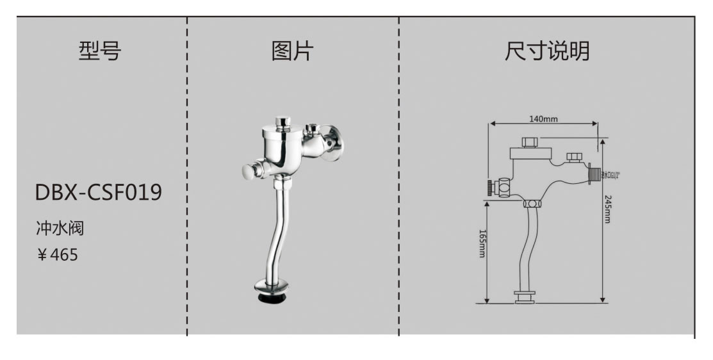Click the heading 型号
pos(100,51)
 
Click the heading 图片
pos(292,51)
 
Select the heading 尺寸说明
pos(546,51)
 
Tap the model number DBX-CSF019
pos(98,192)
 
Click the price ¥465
pos(57,255)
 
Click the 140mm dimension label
pos(543,119)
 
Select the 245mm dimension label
pos(607,209)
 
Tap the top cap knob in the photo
pos(281,121)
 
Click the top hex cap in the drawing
pos(529,142)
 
